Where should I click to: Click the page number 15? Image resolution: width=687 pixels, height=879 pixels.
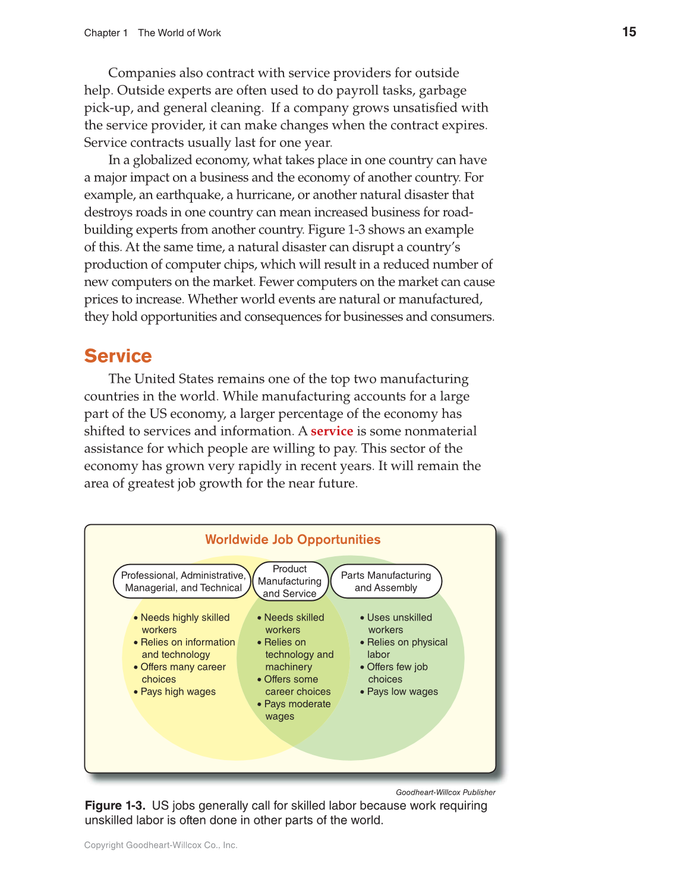[x=629, y=32]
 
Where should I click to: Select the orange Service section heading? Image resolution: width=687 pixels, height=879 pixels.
[x=118, y=355]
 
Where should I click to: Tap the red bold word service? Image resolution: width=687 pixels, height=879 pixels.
[x=332, y=431]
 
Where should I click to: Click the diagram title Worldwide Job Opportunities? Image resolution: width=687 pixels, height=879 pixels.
[x=292, y=540]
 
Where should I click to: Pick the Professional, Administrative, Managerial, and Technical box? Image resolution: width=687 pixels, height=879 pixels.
[x=182, y=581]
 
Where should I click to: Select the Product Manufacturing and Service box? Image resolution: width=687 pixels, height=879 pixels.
[x=289, y=581]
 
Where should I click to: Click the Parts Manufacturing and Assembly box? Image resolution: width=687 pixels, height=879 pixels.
[x=386, y=581]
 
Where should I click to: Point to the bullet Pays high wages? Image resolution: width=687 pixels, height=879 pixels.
[x=178, y=692]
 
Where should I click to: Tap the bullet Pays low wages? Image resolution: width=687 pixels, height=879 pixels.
[x=402, y=692]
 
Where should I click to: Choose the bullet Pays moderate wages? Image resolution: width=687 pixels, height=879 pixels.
[x=296, y=710]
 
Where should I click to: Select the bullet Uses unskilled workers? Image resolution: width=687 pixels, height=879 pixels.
[x=398, y=623]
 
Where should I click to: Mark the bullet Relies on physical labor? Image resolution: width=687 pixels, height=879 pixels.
[x=406, y=648]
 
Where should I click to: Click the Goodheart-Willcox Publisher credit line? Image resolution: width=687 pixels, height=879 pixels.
[x=445, y=792]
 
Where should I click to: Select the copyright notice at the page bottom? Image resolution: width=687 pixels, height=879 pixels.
[x=160, y=845]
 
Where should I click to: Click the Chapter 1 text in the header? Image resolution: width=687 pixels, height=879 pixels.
[x=106, y=33]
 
